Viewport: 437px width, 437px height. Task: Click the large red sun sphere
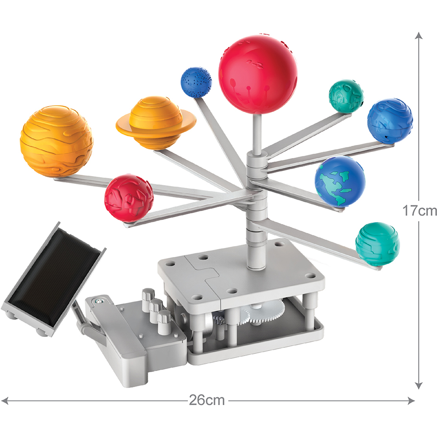[258, 74]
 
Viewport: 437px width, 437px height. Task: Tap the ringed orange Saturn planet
[156, 123]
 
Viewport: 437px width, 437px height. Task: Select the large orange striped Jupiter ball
[56, 141]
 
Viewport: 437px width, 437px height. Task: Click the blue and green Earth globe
[340, 181]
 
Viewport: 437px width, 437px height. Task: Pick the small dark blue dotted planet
[196, 82]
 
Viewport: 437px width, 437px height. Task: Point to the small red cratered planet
[129, 198]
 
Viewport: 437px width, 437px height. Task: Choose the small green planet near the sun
[346, 96]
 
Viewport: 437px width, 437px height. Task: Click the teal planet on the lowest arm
[378, 244]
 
